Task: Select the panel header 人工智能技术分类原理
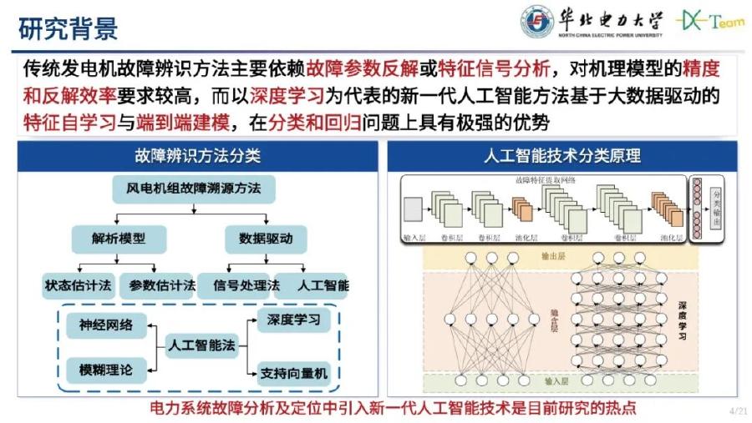click(x=562, y=155)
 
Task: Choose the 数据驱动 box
click(x=259, y=239)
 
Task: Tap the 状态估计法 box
click(x=78, y=285)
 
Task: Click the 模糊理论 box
click(x=106, y=367)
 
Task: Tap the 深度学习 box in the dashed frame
click(x=293, y=320)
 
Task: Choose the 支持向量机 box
click(x=293, y=371)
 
